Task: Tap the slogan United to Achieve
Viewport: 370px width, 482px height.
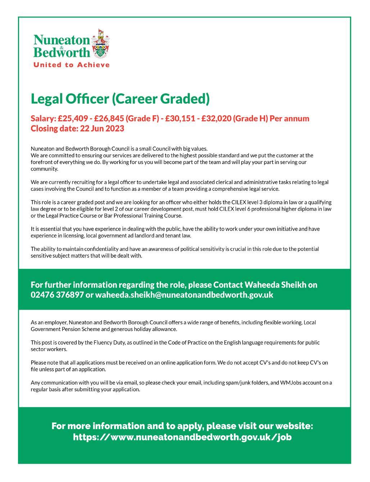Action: (71, 65)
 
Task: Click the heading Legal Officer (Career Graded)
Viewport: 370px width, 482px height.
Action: (120, 98)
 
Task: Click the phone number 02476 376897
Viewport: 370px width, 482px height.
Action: (57, 295)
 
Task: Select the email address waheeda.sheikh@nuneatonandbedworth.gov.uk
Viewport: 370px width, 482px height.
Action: (184, 295)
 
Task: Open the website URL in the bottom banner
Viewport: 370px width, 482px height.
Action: (182, 437)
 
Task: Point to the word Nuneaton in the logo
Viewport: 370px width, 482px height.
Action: (61, 40)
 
